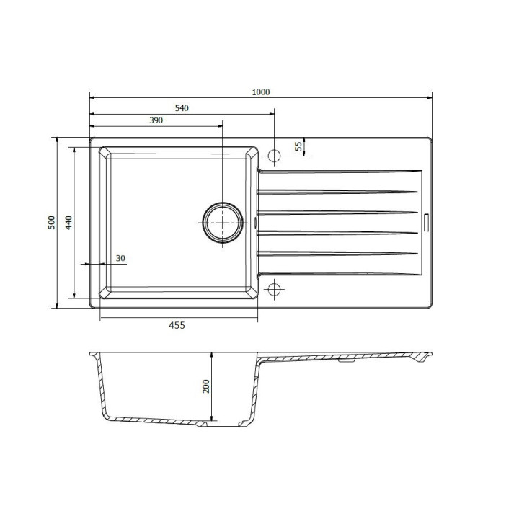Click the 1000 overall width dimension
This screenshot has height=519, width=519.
click(261, 92)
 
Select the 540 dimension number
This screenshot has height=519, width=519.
click(182, 108)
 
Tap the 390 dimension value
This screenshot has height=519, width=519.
click(156, 120)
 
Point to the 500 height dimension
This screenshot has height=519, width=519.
click(52, 223)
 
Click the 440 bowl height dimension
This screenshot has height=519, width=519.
click(68, 223)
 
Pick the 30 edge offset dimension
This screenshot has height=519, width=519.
click(120, 258)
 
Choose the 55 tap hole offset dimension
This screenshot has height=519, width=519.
click(298, 146)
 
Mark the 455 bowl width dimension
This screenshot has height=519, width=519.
click(177, 325)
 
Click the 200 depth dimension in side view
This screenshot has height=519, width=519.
click(206, 386)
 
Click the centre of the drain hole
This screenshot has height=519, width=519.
click(223, 223)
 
